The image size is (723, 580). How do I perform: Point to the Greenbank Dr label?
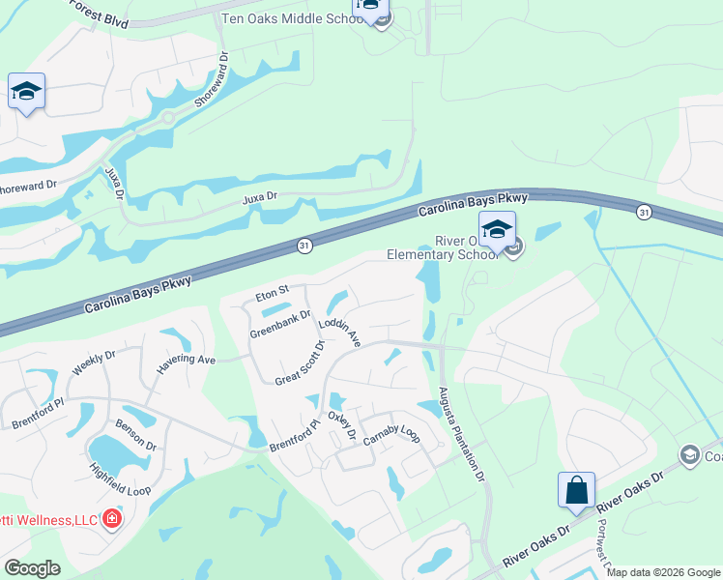pyautogui.click(x=280, y=323)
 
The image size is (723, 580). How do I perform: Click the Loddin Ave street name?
pyautogui.click(x=339, y=333)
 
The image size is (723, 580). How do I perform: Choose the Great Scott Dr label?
pyautogui.click(x=300, y=362)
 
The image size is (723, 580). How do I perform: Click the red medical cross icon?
pyautogui.click(x=112, y=520)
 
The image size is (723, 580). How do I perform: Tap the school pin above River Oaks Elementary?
pyautogui.click(x=497, y=230)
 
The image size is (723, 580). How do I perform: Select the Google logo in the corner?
pyautogui.click(x=32, y=568)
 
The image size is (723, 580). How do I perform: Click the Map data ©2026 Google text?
pyautogui.click(x=664, y=572)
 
